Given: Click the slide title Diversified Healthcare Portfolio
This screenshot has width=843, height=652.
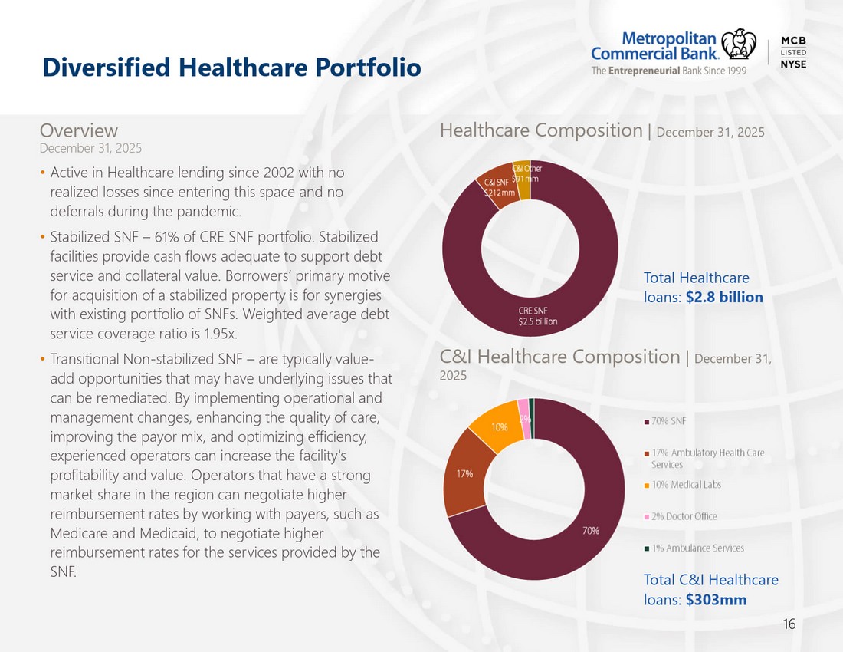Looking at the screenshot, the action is tap(231, 68).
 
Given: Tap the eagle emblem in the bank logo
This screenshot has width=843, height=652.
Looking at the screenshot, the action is tap(738, 44).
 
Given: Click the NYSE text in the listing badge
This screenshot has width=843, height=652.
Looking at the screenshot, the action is tap(793, 64).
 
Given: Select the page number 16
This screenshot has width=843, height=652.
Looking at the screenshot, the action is tap(789, 624).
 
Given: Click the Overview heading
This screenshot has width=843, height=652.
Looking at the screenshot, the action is tap(78, 130).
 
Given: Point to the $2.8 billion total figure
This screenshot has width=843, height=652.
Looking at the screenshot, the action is tap(724, 297).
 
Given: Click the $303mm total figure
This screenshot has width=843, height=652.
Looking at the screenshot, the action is tap(716, 599).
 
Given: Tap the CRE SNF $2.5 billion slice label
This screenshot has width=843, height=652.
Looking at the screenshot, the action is tap(538, 316).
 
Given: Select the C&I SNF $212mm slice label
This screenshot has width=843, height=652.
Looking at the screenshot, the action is tap(500, 187).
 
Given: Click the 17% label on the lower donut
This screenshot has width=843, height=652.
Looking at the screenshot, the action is tap(465, 473).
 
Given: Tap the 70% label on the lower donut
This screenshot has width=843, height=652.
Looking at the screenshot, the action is tap(591, 531).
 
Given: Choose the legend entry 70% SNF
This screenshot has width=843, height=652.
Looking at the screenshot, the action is tap(665, 421).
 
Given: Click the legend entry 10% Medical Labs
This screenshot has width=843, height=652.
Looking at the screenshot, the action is tap(683, 485).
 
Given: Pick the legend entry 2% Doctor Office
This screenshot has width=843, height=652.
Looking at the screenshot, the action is tap(681, 516).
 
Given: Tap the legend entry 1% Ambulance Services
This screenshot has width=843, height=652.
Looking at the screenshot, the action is tap(694, 548).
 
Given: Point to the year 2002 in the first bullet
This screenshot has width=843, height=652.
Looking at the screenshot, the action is tap(278, 173).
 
